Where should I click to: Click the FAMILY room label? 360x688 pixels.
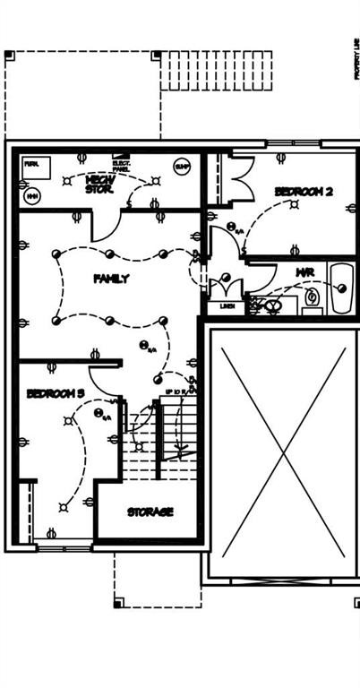111,279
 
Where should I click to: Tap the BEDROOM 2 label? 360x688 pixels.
304,192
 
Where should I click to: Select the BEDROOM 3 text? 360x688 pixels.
56,393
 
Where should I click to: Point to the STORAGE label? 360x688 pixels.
150,512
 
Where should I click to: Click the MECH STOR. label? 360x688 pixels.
99,184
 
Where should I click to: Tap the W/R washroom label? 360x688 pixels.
304,271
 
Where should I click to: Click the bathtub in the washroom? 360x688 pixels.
341,288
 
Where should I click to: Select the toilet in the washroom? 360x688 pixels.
313,297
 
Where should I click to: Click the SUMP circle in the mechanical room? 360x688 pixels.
183,167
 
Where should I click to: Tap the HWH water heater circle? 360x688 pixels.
33,194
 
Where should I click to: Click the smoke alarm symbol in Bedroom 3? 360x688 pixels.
99,413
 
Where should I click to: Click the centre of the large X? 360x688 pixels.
283,453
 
